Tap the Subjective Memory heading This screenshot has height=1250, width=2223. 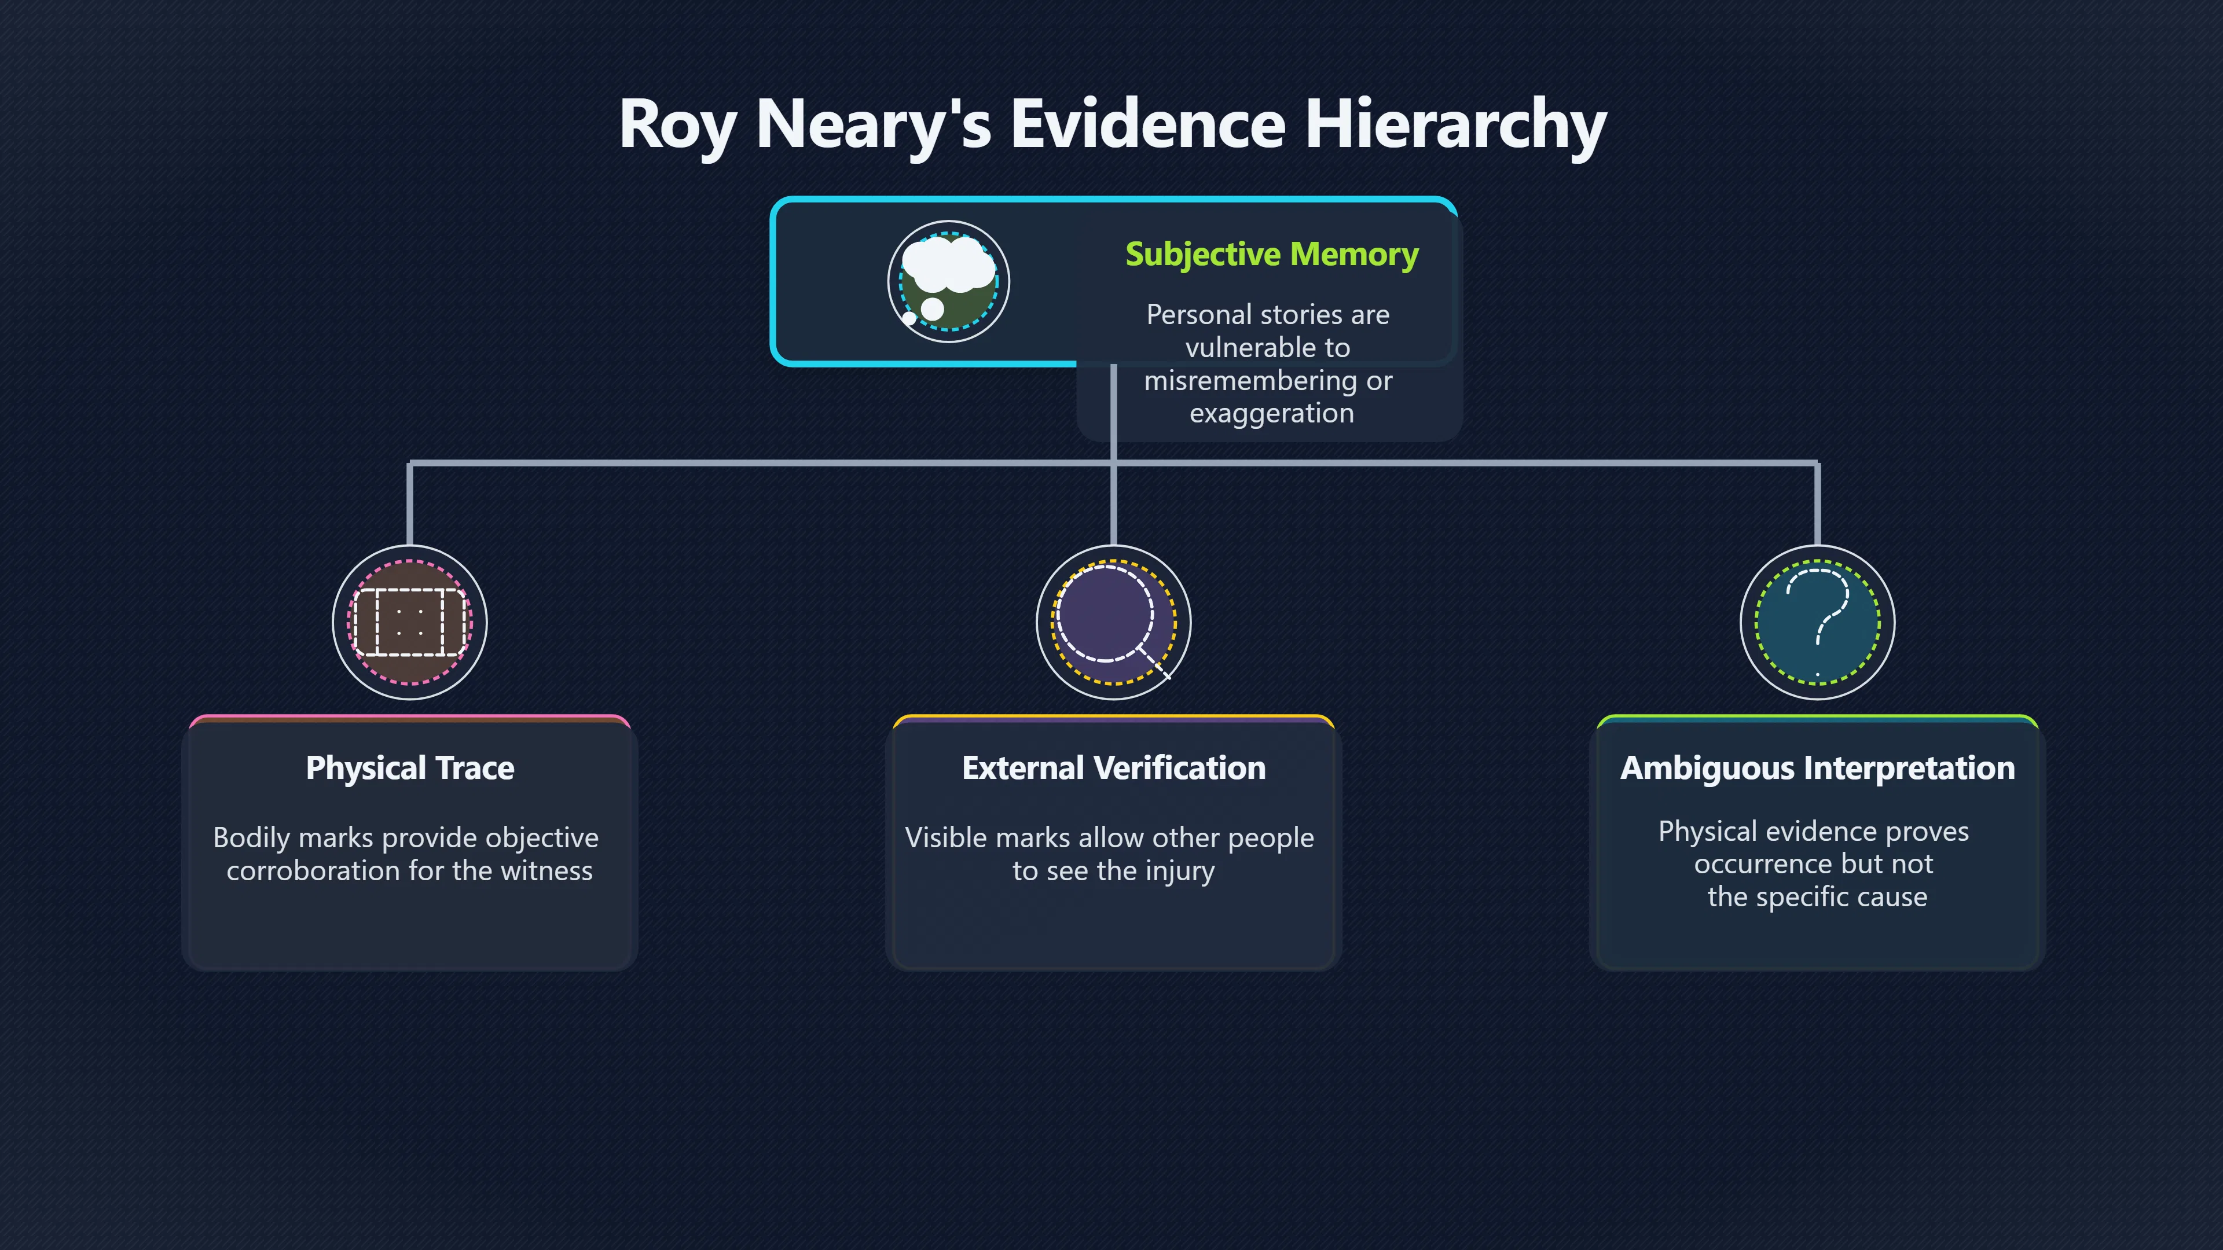[1271, 255]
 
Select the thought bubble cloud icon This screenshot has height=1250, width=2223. [948, 281]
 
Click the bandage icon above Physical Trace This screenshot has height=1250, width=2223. [410, 622]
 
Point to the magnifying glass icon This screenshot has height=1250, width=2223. [1113, 622]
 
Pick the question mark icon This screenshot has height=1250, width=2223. [1817, 622]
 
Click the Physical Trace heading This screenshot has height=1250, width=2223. [410, 768]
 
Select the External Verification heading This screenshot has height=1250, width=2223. [1113, 768]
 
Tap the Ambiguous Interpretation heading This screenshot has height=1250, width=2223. [1817, 769]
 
